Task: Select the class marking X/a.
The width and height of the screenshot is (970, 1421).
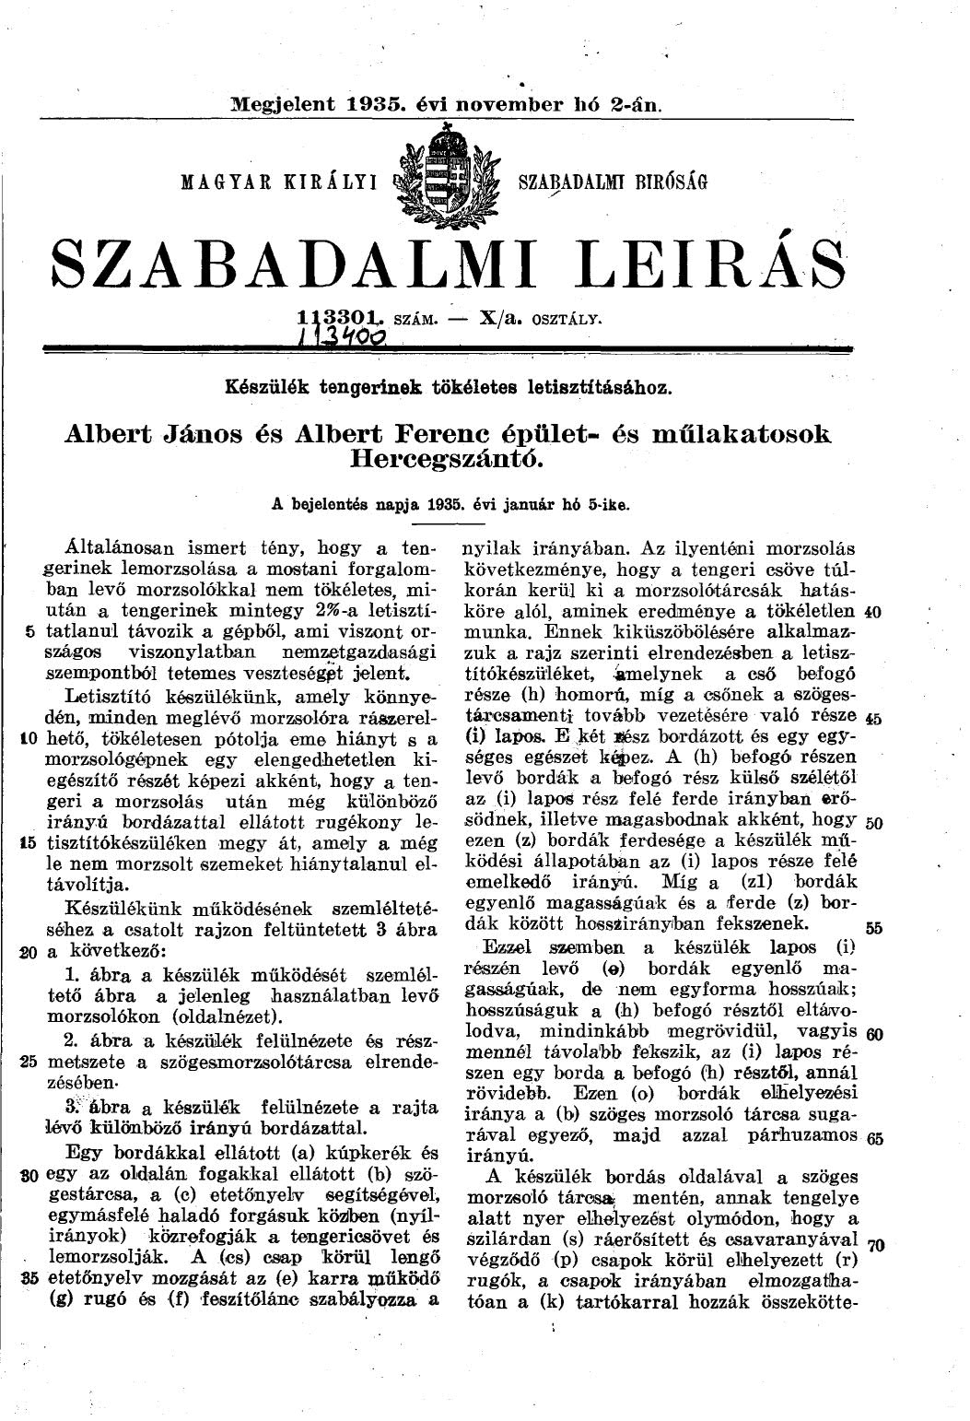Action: click(498, 319)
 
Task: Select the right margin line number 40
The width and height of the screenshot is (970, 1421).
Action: click(874, 613)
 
